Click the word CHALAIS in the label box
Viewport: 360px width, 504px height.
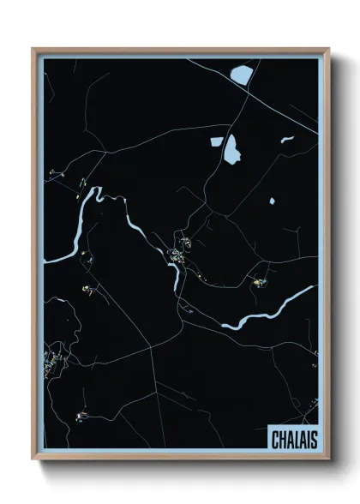pos(294,440)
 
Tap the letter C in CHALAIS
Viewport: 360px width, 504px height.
pos(275,440)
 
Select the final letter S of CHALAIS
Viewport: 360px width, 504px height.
pos(314,440)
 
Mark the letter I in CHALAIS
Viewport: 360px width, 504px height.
pos(308,440)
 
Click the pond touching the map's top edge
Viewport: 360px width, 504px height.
pos(242,75)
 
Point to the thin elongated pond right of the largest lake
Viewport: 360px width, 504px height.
pos(286,139)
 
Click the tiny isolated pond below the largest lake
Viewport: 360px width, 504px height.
pos(273,201)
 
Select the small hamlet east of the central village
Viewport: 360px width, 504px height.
pos(256,279)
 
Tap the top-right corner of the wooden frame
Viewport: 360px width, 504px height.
pos(328,49)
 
